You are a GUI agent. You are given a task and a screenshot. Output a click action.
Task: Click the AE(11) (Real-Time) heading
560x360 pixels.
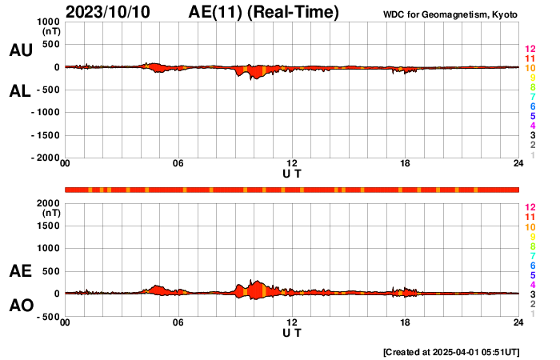264,12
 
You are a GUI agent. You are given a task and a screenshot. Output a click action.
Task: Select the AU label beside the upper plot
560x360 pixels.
20,50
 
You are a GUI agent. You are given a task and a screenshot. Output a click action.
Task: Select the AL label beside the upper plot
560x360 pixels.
20,91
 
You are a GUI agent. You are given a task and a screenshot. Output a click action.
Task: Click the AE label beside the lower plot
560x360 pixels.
20,272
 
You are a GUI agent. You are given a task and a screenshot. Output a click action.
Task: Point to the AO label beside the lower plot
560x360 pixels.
20,306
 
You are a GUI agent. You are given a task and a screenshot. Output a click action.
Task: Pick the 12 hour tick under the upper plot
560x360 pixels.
292,164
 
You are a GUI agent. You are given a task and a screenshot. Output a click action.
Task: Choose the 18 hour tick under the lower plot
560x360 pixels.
406,322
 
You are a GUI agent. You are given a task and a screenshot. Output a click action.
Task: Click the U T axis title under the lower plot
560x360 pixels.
292,332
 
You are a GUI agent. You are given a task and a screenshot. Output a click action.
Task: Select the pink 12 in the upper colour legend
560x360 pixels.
530,49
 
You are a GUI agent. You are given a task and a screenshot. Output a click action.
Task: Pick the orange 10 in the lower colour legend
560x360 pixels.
530,226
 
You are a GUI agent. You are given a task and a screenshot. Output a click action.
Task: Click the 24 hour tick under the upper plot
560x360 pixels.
518,164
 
